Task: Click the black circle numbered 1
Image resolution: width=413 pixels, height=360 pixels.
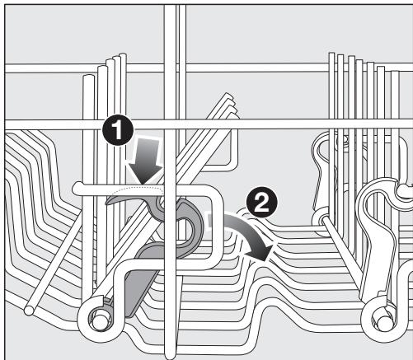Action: point(118,130)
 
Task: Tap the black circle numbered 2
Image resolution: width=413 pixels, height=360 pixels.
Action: point(261,203)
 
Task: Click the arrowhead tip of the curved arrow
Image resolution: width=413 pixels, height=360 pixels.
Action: point(265,261)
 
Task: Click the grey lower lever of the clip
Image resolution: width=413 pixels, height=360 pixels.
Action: point(143,278)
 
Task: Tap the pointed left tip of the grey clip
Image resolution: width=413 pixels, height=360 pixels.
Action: point(107,203)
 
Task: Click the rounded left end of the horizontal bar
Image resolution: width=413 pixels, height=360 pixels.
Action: point(77,189)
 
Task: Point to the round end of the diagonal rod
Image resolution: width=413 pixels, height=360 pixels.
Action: point(29,311)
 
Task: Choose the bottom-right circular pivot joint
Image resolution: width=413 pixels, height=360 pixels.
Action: point(383,321)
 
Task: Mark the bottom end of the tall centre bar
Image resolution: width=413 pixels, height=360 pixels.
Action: point(170,356)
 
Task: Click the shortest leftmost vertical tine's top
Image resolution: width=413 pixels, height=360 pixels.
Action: point(89,77)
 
